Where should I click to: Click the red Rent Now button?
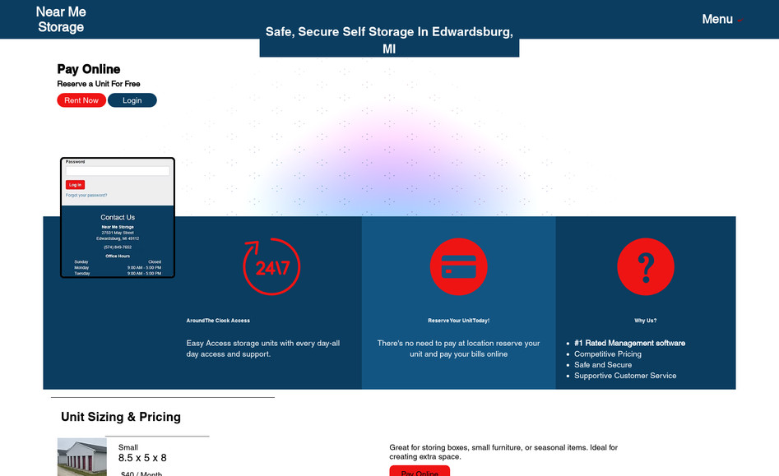81,100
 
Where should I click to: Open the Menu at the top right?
718,19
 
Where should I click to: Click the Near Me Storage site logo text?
61,19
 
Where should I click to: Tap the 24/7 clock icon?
271,267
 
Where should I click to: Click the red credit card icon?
458,267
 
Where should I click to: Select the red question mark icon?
646,267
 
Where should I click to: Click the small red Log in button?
75,185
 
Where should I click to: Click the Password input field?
118,171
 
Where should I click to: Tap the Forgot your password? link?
86,196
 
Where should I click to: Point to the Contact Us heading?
118,218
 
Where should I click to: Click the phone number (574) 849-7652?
118,247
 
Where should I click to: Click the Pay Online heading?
89,69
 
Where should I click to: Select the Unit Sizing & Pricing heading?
121,417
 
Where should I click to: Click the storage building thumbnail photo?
81,458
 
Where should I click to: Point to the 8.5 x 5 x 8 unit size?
142,458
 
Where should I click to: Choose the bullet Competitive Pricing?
608,354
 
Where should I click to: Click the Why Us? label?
646,321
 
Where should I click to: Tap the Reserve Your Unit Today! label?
458,321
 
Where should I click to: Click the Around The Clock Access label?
218,321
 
